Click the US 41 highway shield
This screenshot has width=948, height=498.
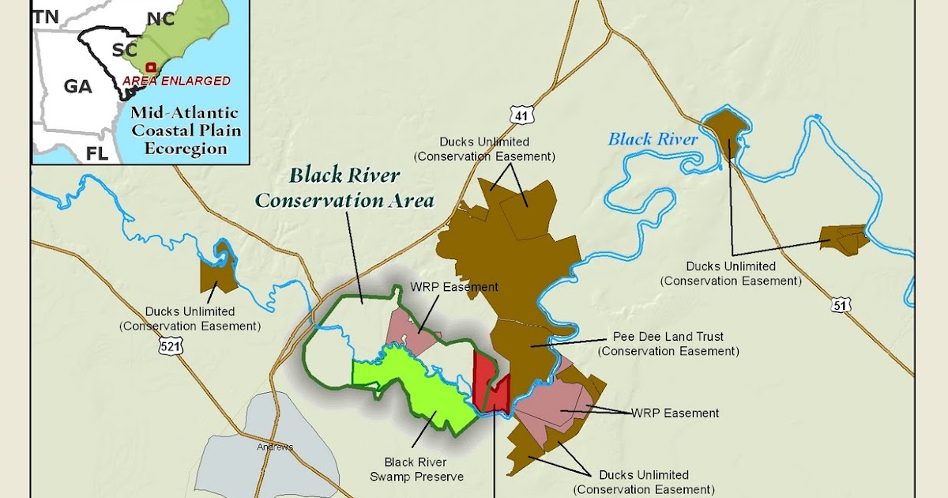tap(521, 115)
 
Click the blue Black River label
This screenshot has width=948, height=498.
tap(653, 140)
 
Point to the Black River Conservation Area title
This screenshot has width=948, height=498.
tap(344, 187)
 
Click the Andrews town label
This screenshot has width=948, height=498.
tap(274, 447)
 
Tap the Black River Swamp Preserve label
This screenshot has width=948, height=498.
tap(416, 469)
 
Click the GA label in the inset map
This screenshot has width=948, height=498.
tap(77, 86)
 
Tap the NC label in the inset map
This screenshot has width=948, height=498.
tap(160, 19)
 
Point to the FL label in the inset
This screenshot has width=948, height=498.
tap(96, 153)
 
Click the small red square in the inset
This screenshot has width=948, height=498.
tap(151, 68)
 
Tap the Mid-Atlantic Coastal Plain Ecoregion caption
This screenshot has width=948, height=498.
tap(186, 130)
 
